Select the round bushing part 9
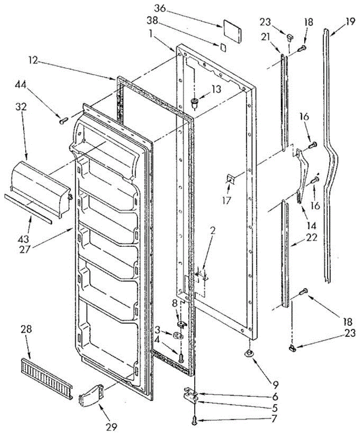click(249, 353)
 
